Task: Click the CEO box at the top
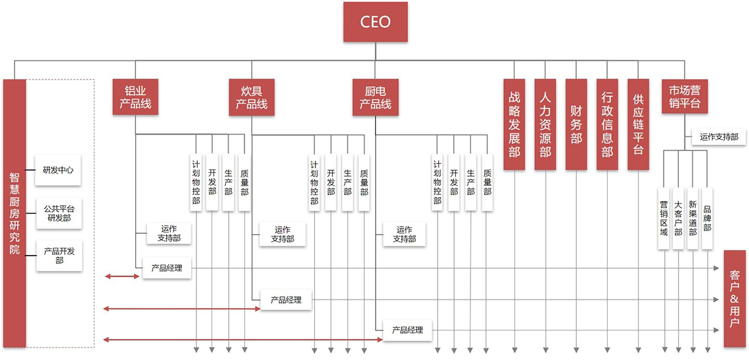tap(375, 22)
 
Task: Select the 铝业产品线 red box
tap(135, 97)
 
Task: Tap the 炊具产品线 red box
tap(252, 97)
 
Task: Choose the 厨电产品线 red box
tap(375, 97)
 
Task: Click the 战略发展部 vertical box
tap(514, 124)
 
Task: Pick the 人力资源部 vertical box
tap(545, 124)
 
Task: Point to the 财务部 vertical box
tap(576, 124)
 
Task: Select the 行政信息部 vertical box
tap(607, 124)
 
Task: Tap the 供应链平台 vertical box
tap(638, 124)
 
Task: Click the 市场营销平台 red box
tap(685, 97)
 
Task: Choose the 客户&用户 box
tap(735, 298)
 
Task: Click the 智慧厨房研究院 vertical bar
tap(14, 214)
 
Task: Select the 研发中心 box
tap(58, 169)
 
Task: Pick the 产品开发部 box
tap(58, 256)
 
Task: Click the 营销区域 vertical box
tap(664, 218)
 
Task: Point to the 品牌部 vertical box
tap(707, 218)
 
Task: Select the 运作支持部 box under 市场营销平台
tap(718, 137)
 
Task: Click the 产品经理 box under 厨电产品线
tap(407, 330)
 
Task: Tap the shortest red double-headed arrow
tap(122, 277)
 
